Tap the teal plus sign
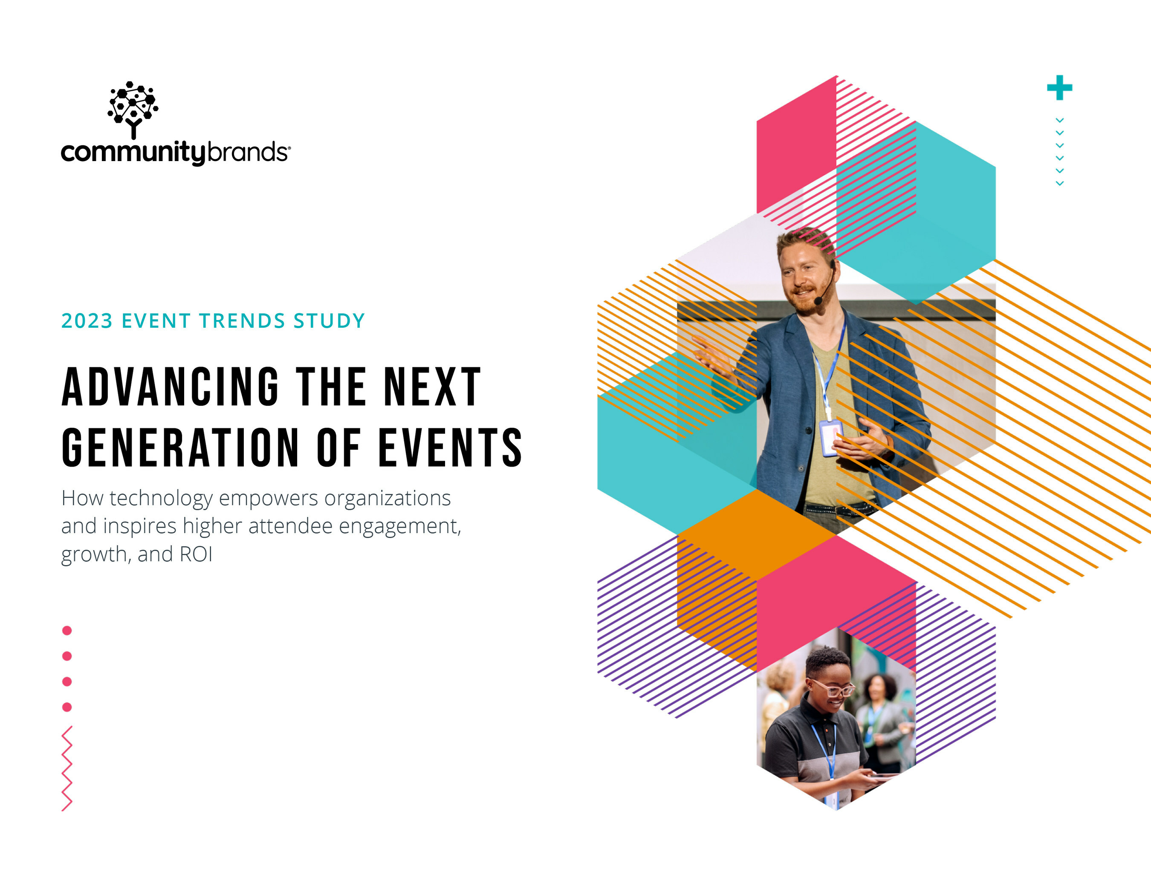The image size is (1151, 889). pos(1059,87)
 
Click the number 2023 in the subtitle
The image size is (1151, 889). pos(87,321)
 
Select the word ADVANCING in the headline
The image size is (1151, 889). pos(170,387)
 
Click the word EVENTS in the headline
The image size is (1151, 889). pos(451,447)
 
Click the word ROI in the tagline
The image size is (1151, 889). pos(196,554)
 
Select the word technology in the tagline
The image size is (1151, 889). pos(161,499)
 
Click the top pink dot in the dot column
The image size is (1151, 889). pos(67,630)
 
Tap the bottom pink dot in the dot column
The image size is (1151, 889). pos(67,707)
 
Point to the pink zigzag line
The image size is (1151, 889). pos(67,768)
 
